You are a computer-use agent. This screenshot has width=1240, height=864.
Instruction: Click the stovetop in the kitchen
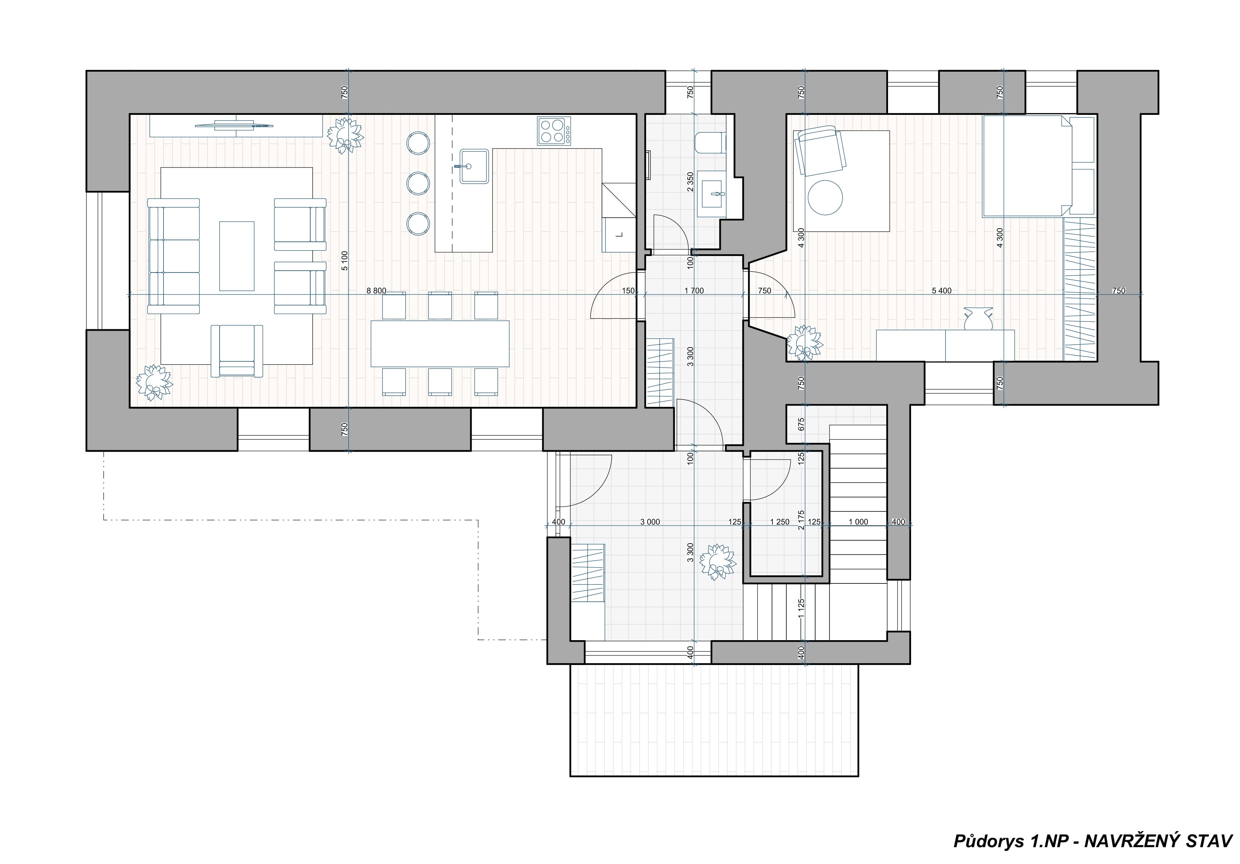[554, 131]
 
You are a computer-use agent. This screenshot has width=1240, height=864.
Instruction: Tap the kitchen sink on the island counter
[474, 166]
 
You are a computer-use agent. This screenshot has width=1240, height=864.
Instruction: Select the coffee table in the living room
[237, 256]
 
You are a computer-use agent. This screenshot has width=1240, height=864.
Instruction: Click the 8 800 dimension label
[377, 290]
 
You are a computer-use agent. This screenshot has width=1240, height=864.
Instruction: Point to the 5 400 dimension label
[942, 290]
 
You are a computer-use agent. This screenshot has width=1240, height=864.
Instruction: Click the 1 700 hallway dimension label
[694, 290]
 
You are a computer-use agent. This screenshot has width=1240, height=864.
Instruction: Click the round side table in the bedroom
[825, 198]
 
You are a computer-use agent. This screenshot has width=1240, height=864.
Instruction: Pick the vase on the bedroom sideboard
[979, 318]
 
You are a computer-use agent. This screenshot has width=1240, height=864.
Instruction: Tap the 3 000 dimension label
[650, 522]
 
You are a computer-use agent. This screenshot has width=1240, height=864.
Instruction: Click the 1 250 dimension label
[779, 522]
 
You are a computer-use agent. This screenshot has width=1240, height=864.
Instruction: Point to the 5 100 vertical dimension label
[345, 260]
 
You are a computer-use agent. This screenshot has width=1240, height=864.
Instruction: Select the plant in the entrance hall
[717, 562]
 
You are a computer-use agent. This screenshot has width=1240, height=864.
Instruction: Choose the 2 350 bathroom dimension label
[690, 182]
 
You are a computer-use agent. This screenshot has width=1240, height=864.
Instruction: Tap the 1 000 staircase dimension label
[858, 522]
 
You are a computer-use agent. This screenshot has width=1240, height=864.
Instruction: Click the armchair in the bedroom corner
[820, 151]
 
